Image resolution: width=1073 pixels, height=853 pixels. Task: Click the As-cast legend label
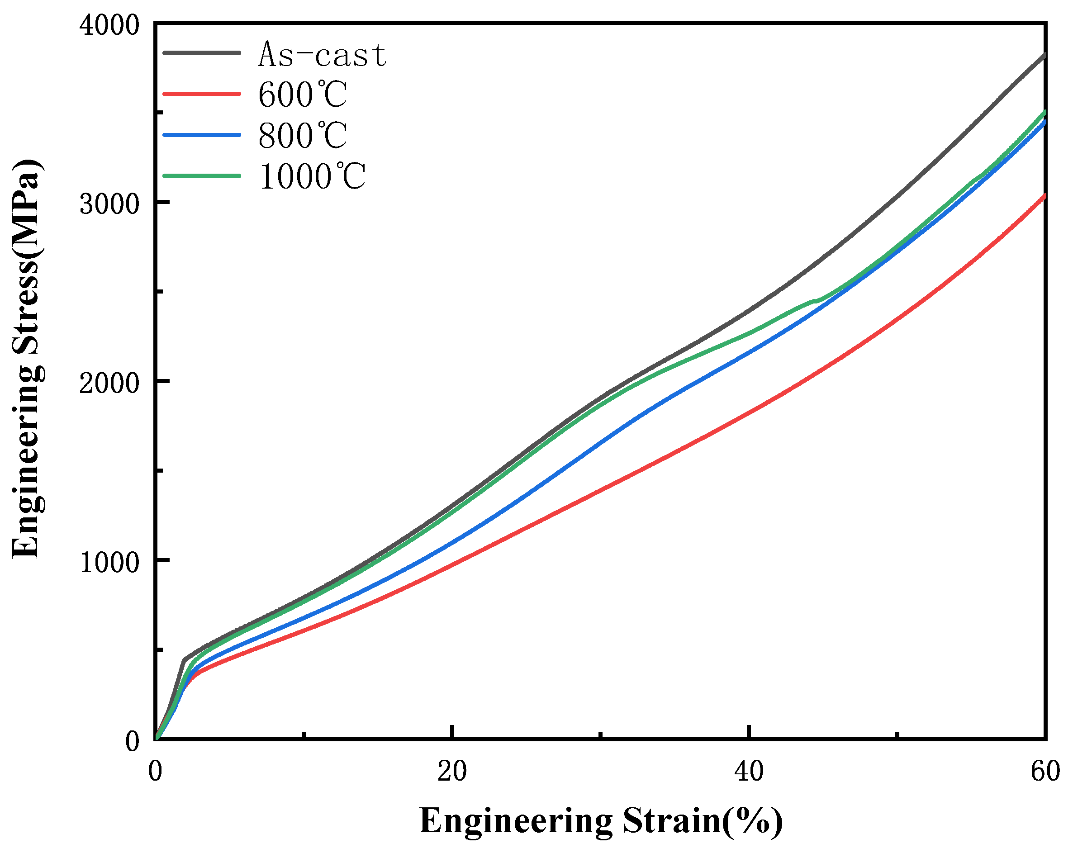(323, 54)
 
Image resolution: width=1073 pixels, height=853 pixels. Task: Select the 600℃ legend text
(302, 95)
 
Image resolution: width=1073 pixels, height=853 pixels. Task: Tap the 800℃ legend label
(302, 135)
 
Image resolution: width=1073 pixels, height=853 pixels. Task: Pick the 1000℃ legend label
(312, 177)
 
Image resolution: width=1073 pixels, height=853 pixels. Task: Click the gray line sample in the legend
(202, 53)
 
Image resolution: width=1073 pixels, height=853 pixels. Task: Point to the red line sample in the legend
(202, 94)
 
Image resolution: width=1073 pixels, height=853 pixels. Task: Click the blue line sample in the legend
(202, 134)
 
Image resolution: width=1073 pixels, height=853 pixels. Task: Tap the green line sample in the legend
(202, 175)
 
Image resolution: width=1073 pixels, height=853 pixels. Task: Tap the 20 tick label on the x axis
(452, 772)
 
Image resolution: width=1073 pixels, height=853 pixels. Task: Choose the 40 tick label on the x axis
(749, 772)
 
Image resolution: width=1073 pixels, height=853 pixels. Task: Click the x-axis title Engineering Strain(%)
(601, 820)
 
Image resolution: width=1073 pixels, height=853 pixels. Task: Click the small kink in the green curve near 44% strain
(815, 301)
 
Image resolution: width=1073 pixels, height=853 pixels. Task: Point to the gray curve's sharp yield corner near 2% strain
(184, 660)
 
